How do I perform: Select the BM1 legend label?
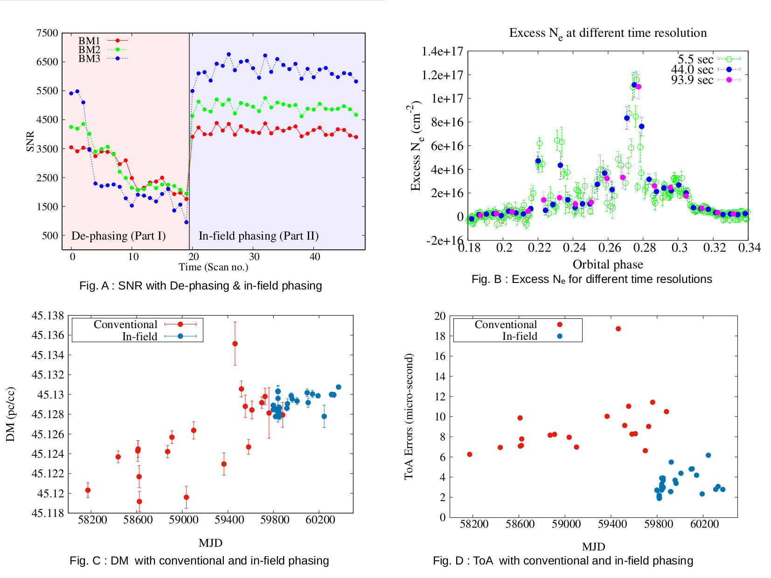(x=89, y=41)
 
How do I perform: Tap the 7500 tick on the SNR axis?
(x=47, y=33)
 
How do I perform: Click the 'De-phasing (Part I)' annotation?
(x=118, y=236)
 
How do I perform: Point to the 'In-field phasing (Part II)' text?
(x=259, y=236)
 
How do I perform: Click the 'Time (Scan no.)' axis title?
(x=213, y=267)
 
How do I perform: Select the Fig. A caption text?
(x=201, y=286)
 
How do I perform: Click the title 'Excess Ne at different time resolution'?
(x=608, y=33)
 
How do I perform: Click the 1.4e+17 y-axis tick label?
(x=442, y=51)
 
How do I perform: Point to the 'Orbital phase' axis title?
(x=608, y=265)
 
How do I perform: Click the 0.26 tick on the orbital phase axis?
(x=610, y=248)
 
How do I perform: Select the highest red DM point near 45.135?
(x=235, y=344)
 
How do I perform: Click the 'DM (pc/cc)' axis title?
(x=10, y=414)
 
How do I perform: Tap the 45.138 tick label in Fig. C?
(x=48, y=316)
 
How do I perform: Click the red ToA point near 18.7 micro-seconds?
(x=618, y=329)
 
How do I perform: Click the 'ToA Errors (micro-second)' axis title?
(x=409, y=416)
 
